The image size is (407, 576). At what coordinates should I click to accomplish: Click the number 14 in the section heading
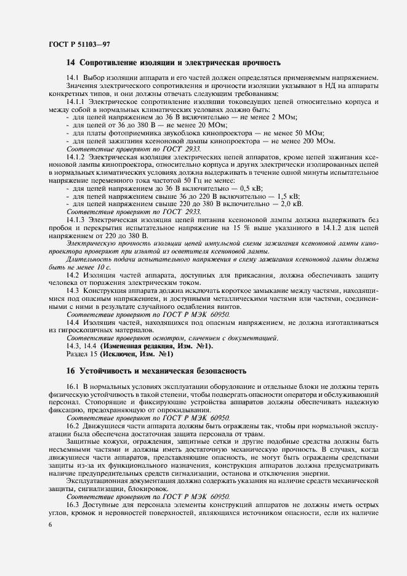[x=70, y=63]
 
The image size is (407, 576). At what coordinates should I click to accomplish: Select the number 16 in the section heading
[x=70, y=371]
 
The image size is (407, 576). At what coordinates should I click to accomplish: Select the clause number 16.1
[x=73, y=385]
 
